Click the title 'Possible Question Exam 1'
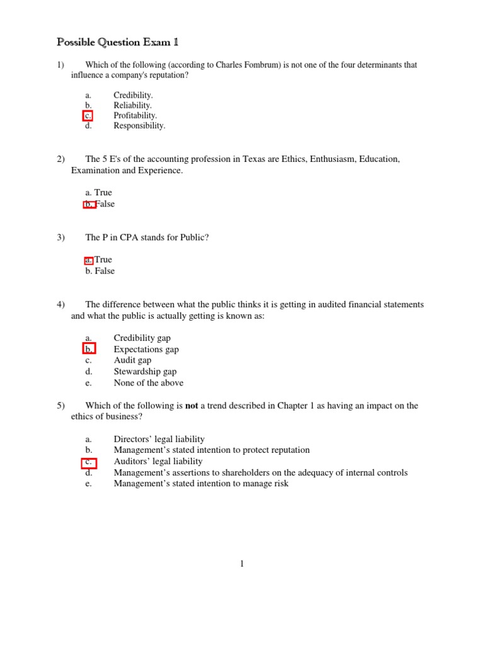click(118, 42)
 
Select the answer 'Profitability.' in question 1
click(135, 115)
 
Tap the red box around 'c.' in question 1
click(88, 115)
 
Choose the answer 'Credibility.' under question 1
click(133, 95)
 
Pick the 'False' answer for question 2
click(105, 204)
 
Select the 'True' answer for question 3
click(103, 260)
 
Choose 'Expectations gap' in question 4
click(146, 349)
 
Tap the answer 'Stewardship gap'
click(145, 372)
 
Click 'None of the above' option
click(149, 383)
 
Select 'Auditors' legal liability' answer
click(158, 461)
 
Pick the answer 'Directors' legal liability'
click(159, 439)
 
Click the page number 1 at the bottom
click(241, 564)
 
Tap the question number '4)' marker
click(61, 305)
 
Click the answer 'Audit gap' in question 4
click(133, 360)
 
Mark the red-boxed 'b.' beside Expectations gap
click(89, 349)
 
